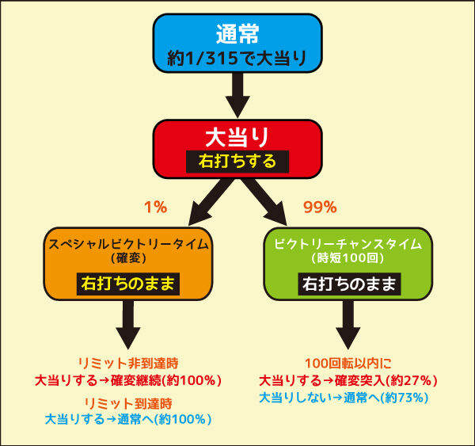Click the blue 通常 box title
(237, 33)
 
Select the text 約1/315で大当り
(237, 58)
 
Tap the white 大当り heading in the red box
(237, 137)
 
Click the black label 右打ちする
(237, 162)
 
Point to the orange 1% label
(156, 208)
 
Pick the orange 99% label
(320, 208)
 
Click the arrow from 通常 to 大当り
(237, 95)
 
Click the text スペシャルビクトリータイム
(128, 244)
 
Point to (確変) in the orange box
(128, 258)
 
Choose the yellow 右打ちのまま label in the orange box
(128, 284)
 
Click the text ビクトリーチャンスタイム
(348, 244)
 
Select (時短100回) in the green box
(348, 258)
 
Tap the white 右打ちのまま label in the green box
(349, 284)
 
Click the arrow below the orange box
(128, 325)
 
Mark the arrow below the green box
(348, 325)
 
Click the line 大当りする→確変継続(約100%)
(128, 380)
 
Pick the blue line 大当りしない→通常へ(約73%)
(344, 398)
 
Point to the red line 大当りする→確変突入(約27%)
(348, 380)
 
